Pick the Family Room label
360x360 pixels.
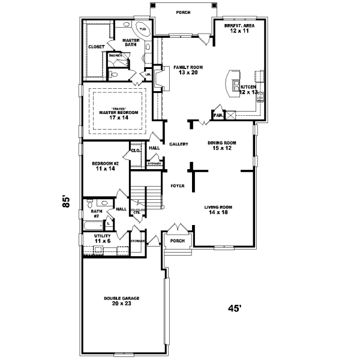click(x=185, y=70)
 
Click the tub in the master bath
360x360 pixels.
click(x=143, y=29)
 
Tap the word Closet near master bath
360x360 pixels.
click(x=96, y=46)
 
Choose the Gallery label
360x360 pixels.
click(x=179, y=144)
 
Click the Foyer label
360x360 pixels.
click(x=176, y=185)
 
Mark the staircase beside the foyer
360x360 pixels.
click(x=147, y=196)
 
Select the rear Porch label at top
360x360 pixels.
click(x=183, y=12)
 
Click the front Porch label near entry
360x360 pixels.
click(x=177, y=241)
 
